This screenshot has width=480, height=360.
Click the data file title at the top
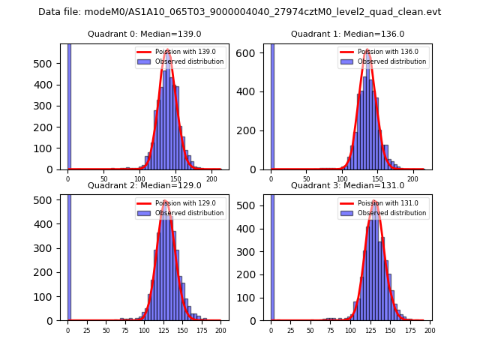point(239,12)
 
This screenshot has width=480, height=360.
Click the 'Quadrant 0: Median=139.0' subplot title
point(144,34)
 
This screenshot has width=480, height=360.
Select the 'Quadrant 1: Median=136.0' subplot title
point(347,34)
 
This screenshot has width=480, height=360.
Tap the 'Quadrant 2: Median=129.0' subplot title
point(144,185)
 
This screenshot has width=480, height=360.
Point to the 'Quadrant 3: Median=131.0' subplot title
point(347,185)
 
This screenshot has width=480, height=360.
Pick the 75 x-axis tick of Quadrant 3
point(331,330)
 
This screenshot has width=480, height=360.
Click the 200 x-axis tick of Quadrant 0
point(212,178)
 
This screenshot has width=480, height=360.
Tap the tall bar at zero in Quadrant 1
point(271,105)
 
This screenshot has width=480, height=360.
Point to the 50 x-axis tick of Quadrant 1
point(307,178)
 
